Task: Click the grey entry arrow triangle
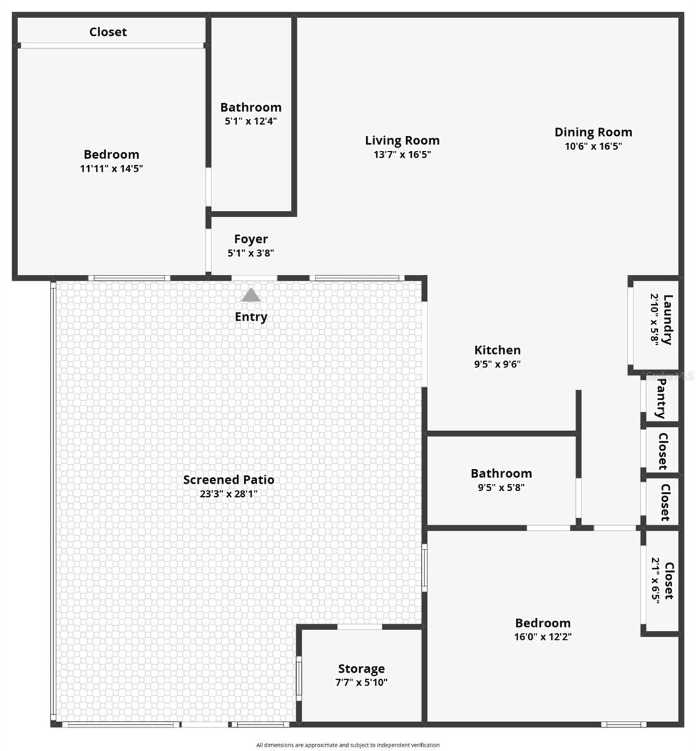tap(251, 295)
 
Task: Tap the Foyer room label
tap(251, 239)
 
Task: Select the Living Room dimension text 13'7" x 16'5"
tap(402, 155)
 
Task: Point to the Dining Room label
tap(593, 132)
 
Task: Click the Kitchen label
tap(497, 350)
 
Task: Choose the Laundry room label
tap(668, 319)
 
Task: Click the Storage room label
tap(361, 669)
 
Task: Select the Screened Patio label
tap(228, 480)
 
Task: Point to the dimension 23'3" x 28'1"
tap(228, 494)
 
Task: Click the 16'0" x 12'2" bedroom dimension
tap(543, 637)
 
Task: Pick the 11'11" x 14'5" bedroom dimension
tap(111, 168)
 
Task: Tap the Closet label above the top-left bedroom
tap(108, 32)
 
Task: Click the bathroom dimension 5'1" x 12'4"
tap(250, 121)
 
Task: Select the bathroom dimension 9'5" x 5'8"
tap(501, 488)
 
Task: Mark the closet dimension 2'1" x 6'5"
tap(656, 580)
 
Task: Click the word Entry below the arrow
tap(251, 317)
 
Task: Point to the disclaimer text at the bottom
tap(347, 745)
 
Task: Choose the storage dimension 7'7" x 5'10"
tap(361, 683)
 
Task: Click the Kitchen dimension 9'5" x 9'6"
tap(497, 364)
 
